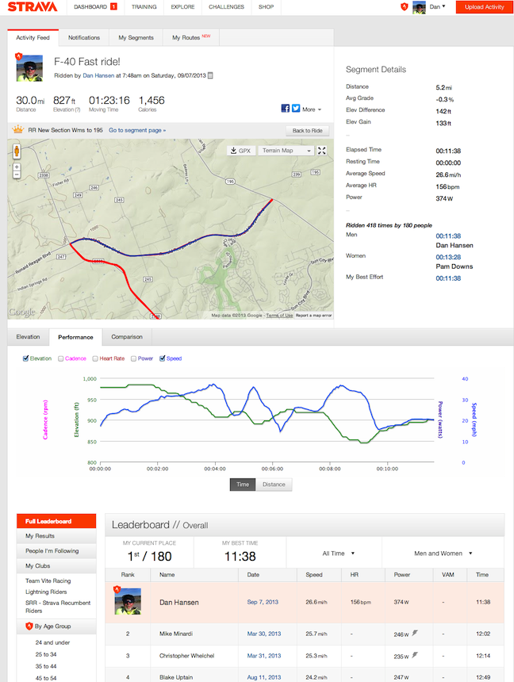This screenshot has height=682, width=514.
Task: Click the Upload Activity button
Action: click(x=484, y=7)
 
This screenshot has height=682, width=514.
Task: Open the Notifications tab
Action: click(x=84, y=37)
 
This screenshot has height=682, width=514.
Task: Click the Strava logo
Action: click(x=31, y=7)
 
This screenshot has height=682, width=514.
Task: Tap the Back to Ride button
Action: click(x=306, y=130)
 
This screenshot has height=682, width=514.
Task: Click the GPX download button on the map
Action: click(x=239, y=150)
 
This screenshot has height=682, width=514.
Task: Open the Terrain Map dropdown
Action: click(x=286, y=150)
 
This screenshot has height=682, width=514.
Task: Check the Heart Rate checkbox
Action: click(x=96, y=358)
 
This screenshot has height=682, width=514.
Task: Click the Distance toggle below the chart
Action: click(x=274, y=484)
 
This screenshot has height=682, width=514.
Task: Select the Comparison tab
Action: click(x=127, y=337)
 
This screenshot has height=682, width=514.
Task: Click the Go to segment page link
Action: click(x=137, y=130)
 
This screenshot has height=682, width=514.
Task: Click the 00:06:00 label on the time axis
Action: click(x=271, y=469)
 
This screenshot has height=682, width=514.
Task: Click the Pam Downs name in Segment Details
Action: click(x=455, y=266)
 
